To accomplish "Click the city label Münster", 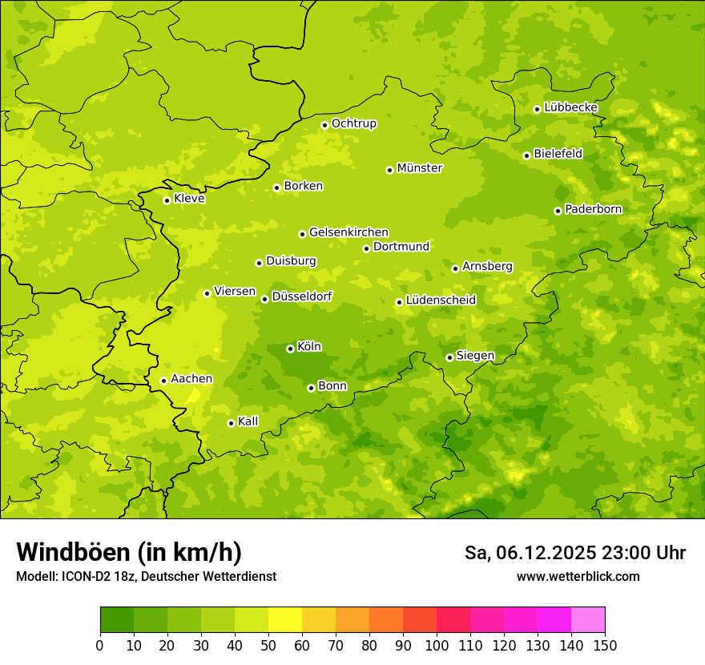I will [x=420, y=168].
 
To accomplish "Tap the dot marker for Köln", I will [x=290, y=349].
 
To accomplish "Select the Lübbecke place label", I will [x=571, y=107].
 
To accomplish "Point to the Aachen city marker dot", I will [x=163, y=381].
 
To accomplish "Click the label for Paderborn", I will [x=594, y=209].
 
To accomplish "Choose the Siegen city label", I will [x=476, y=356].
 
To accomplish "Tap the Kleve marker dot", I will [x=167, y=200].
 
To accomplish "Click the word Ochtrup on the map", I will [x=354, y=123].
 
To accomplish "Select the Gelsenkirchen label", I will [x=348, y=232].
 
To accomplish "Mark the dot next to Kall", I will [x=231, y=423].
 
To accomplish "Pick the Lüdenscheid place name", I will [x=441, y=300].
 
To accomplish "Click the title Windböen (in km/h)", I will [x=129, y=552].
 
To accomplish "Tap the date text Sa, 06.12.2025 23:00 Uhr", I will [x=575, y=553].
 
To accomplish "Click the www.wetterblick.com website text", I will [x=578, y=576].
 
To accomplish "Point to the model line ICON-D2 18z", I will [x=146, y=576].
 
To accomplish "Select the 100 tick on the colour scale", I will [x=437, y=645].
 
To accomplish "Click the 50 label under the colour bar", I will [x=268, y=645].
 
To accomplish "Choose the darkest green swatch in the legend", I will [x=117, y=620].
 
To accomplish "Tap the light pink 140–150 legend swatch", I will [x=588, y=620].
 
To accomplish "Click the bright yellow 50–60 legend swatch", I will [x=285, y=620].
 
